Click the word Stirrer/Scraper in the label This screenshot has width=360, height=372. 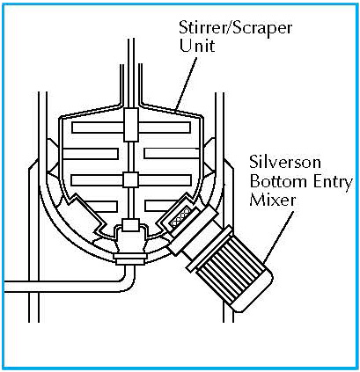coord(236,29)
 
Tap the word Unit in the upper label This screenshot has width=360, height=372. coord(197,46)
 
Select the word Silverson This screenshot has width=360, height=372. coord(285,162)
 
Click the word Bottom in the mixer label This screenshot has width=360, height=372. coord(274,182)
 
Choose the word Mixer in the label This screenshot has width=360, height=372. coord(273,201)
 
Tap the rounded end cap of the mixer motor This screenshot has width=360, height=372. coord(258,293)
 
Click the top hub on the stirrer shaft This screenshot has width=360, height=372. coord(131,125)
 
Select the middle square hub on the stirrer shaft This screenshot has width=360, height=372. coord(130,179)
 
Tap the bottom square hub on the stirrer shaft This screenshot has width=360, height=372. coord(130,225)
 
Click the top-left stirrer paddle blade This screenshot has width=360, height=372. coord(98,128)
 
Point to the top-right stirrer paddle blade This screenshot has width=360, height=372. coord(165,128)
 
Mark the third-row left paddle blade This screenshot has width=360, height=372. coord(98,180)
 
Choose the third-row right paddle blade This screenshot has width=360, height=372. coord(165,180)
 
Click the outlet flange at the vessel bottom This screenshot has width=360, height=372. coord(130,259)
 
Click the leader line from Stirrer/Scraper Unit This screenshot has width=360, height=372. coord(186,84)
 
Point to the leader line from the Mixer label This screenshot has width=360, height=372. coord(278,237)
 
